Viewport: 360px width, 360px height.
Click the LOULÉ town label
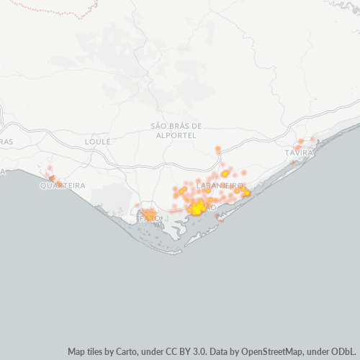pyautogui.click(x=97, y=142)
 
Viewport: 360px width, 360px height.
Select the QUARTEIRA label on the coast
pyautogui.click(x=63, y=185)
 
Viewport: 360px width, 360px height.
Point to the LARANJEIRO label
pyautogui.click(x=220, y=185)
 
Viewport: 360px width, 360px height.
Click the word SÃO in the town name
pyautogui.click(x=158, y=125)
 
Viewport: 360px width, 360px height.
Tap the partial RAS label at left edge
pyautogui.click(x=6, y=142)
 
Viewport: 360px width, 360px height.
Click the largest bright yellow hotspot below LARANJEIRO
pyautogui.click(x=196, y=209)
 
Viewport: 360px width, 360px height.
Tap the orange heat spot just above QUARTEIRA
pyautogui.click(x=50, y=176)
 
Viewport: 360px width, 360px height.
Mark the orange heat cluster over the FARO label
pyautogui.click(x=149, y=214)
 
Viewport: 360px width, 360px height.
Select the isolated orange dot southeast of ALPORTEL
pyautogui.click(x=217, y=150)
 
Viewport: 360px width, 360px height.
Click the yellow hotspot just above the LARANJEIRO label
pyautogui.click(x=225, y=174)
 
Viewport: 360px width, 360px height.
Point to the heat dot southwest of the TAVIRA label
pyautogui.click(x=293, y=163)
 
